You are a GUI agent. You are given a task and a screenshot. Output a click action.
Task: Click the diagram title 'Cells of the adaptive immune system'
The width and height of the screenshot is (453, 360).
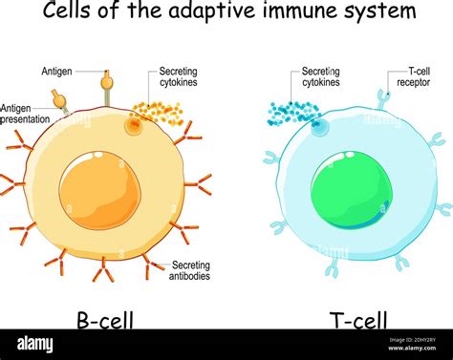point(226,11)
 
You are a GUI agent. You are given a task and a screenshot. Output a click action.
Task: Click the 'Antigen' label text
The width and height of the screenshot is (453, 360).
point(56,72)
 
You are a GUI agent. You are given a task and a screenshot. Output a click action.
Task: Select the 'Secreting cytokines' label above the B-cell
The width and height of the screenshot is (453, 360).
point(173,77)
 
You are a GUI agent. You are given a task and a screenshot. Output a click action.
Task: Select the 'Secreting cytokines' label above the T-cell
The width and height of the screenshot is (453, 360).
point(320,77)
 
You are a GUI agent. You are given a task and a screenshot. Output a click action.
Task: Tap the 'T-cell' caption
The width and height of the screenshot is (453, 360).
point(353,320)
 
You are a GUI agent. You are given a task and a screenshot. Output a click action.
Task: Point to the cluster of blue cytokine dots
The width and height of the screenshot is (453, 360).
point(291,113)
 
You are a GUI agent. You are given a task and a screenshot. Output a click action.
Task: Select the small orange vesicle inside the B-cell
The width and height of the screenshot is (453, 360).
point(133,125)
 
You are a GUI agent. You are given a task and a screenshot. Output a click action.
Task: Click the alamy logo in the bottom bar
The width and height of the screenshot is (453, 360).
point(36,344)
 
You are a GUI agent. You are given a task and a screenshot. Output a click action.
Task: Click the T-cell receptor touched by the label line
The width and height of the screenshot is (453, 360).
point(382,97)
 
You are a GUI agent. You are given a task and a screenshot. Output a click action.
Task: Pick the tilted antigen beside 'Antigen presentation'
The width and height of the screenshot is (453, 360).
point(60,100)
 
